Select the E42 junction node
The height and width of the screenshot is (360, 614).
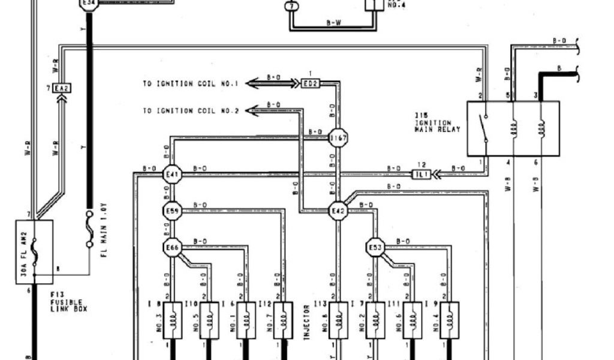tap(338, 211)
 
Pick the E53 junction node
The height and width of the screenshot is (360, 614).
tap(375, 247)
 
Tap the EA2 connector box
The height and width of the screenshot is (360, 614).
tap(61, 89)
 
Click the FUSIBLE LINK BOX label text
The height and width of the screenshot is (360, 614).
tap(67, 302)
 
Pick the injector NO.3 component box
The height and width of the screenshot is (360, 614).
tap(172, 320)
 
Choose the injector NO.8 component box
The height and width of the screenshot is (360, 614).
tap(338, 320)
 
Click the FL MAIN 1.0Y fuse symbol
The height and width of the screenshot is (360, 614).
tap(89, 230)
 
